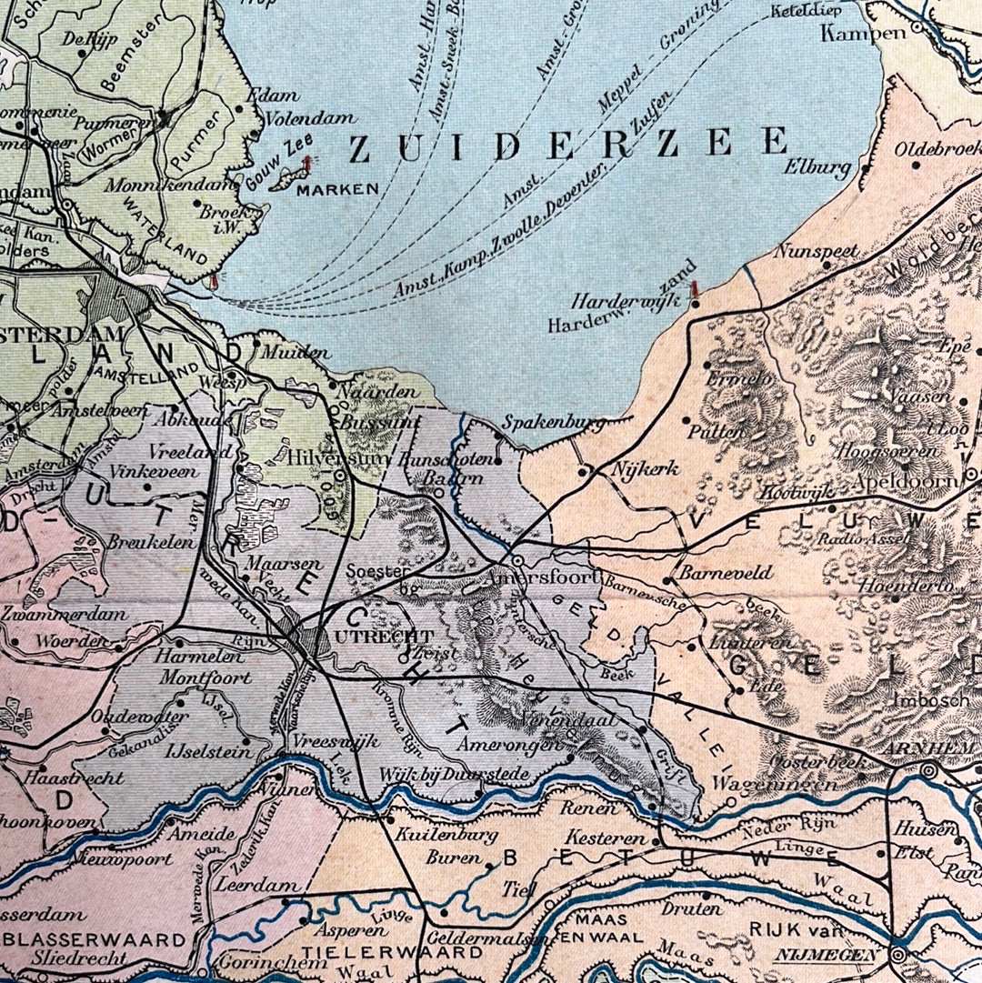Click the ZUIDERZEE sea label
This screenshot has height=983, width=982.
tap(568, 144)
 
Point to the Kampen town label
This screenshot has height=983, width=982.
tap(863, 34)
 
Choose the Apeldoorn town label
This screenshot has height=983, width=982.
tap(904, 481)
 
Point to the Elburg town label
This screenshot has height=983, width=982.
tap(821, 168)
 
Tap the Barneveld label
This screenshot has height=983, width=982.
tap(713, 573)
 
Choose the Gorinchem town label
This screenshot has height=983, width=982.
tap(257, 961)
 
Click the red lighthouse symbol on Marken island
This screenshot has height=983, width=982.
tap(306, 165)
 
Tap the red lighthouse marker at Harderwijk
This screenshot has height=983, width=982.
tap(695, 289)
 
